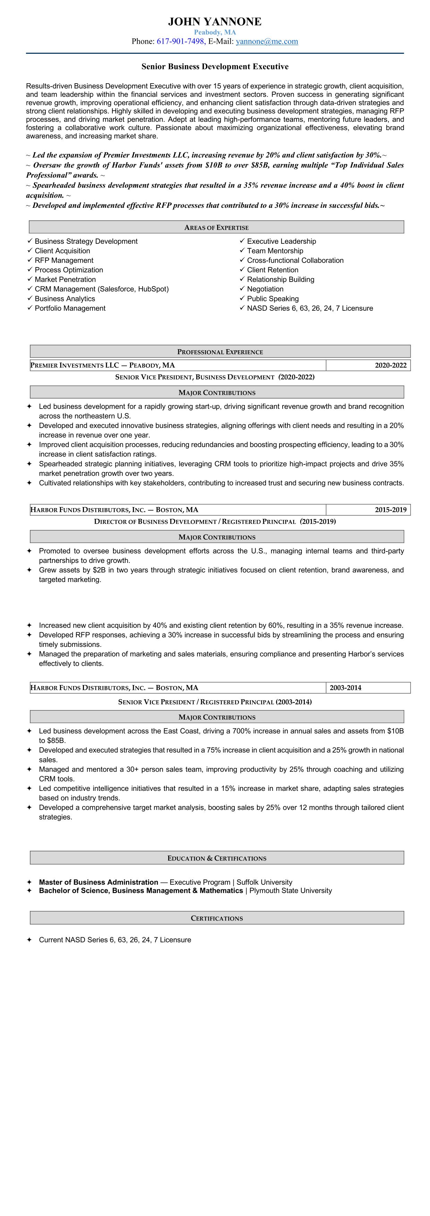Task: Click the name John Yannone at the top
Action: click(215, 22)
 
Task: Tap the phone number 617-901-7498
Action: click(180, 42)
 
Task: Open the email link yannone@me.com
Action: click(267, 42)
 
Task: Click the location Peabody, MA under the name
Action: click(215, 32)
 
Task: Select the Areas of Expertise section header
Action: click(216, 228)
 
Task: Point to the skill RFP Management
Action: click(64, 260)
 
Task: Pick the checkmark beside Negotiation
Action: click(242, 289)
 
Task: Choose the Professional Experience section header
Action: click(220, 352)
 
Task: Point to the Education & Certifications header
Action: click(217, 858)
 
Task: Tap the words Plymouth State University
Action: click(290, 891)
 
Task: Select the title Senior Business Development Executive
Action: click(215, 67)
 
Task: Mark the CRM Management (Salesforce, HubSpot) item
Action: click(102, 289)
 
